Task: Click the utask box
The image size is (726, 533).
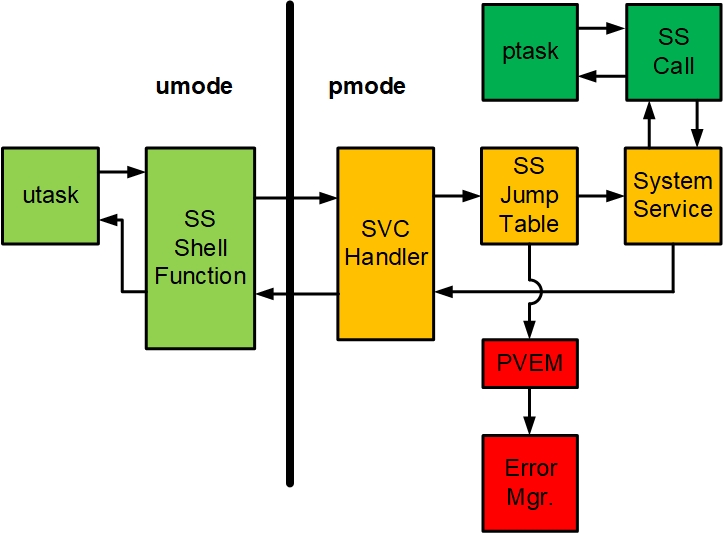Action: [51, 195]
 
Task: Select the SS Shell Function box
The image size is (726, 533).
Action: [199, 247]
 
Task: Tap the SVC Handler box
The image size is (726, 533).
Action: [385, 244]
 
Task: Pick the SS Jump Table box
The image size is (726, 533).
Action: [529, 196]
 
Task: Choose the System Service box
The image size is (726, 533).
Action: [672, 196]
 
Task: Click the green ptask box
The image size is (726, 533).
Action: [529, 52]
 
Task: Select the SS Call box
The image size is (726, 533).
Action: [673, 52]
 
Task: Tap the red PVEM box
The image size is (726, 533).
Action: [529, 363]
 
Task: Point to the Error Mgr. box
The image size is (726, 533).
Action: [530, 482]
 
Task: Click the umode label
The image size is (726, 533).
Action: [194, 87]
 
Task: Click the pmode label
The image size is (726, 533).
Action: [367, 87]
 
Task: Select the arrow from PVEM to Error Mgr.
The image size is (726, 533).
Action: [530, 411]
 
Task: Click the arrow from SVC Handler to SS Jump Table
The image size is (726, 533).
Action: [457, 196]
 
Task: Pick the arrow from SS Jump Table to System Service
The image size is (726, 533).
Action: [601, 196]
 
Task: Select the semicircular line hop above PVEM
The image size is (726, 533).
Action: [536, 291]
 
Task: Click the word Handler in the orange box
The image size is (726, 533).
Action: [386, 257]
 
